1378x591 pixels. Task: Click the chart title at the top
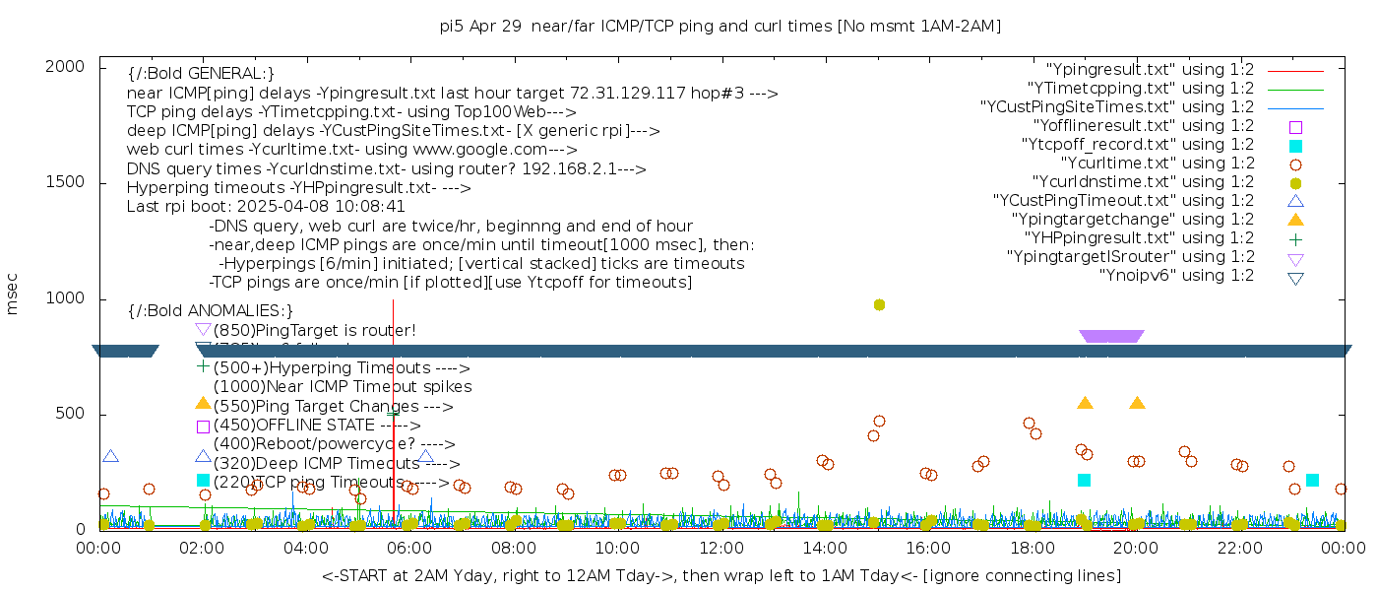point(720,26)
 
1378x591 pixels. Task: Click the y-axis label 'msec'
point(13,294)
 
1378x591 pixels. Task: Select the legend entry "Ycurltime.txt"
point(1157,163)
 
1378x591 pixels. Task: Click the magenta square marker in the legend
point(1295,126)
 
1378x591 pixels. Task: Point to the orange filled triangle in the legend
point(1295,219)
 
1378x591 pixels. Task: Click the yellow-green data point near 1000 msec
point(879,304)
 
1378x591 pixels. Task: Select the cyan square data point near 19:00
point(1084,480)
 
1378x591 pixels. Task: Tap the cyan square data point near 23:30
point(1312,480)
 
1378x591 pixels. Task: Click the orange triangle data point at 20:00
point(1137,403)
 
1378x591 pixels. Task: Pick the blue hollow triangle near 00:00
point(110,456)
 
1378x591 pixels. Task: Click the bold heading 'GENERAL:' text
point(201,74)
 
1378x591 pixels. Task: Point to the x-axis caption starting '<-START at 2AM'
point(720,574)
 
